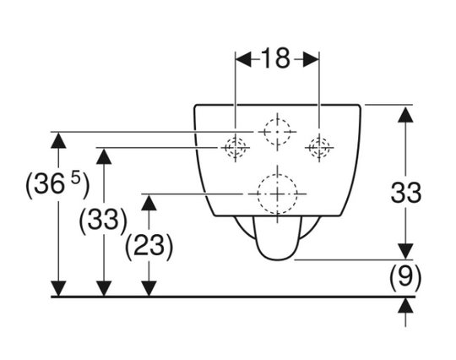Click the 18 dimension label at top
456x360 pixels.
(275, 59)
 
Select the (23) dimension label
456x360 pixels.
(149, 247)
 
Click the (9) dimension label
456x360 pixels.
(405, 277)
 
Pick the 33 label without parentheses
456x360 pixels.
(406, 193)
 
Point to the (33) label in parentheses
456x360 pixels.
(103, 220)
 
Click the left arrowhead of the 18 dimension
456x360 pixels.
(243, 60)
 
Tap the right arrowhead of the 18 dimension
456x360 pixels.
(311, 60)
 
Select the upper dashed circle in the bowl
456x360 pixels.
(277, 119)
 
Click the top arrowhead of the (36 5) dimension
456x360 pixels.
(58, 140)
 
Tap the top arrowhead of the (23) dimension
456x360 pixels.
(149, 203)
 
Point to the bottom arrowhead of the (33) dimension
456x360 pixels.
(104, 289)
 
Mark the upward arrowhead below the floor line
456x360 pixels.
(405, 305)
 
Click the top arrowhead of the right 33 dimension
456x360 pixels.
(405, 115)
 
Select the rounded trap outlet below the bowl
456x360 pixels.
(277, 259)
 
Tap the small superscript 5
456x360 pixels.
(75, 177)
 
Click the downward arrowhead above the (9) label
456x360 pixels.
(405, 252)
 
